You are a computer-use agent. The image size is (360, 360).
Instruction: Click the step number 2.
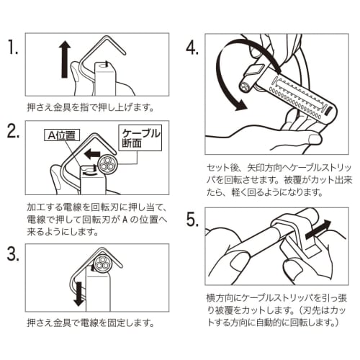click(13, 132)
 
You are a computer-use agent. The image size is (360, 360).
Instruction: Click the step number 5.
click(192, 220)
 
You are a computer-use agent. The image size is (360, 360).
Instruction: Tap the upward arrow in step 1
click(63, 57)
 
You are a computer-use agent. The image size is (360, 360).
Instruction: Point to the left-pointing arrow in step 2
click(91, 154)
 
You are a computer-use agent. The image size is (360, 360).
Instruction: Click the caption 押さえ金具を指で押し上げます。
click(91, 108)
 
